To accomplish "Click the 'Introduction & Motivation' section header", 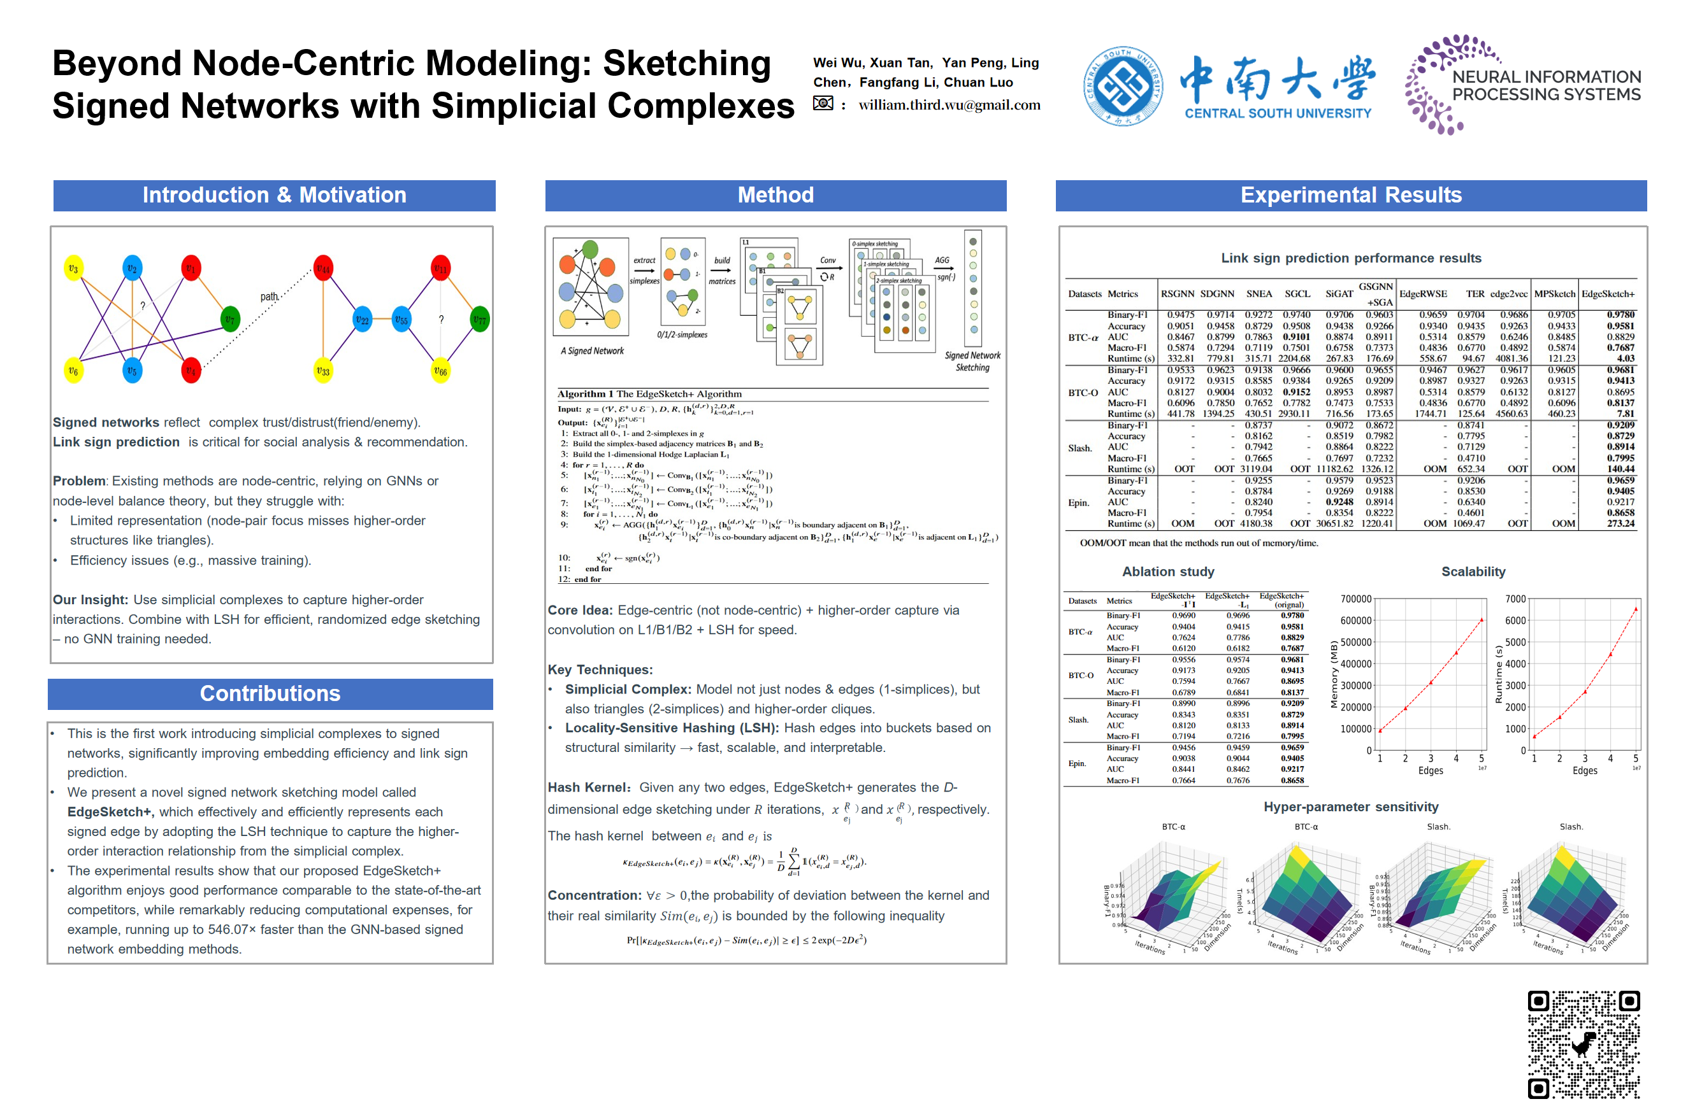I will coord(275,195).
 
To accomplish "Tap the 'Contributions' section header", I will coord(270,693).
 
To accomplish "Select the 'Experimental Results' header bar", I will coord(1351,195).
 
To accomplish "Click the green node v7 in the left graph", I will coord(230,319).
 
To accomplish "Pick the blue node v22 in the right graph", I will coord(363,320).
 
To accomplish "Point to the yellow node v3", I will coord(73,269).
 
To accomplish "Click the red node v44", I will coord(324,269).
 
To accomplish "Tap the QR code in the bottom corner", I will coord(1583,1044).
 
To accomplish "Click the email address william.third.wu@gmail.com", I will coord(949,105).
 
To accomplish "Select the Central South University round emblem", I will coord(1122,87).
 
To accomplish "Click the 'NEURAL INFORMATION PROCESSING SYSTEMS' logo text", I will coord(1546,86).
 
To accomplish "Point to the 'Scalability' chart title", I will coord(1473,571).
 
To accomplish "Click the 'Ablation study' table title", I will coord(1168,571).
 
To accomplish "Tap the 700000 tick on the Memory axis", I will coord(1355,599).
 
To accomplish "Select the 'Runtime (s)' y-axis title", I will coord(1499,674).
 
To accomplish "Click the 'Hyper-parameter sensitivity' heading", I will coord(1351,807).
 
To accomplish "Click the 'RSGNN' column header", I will coord(1177,294).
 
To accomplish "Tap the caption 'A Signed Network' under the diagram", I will coord(592,351).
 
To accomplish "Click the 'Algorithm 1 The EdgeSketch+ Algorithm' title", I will coord(650,393).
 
